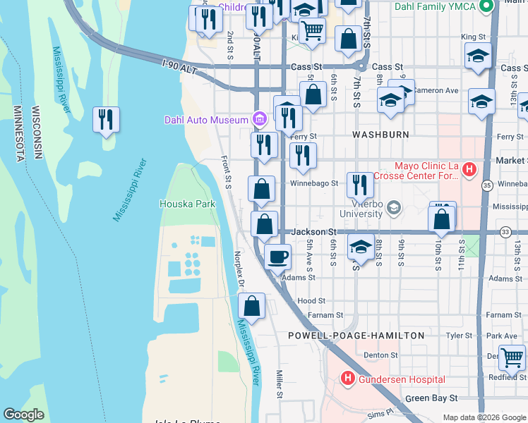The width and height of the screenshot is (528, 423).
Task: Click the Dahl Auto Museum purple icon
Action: click(259, 119)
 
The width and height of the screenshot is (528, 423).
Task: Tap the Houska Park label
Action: click(187, 204)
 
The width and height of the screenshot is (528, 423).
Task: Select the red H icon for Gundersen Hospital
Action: click(347, 379)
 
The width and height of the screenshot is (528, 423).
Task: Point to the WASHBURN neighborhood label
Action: click(381, 134)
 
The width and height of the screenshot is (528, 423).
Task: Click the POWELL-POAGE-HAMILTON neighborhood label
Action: click(356, 336)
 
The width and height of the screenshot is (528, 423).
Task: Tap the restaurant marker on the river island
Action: click(105, 120)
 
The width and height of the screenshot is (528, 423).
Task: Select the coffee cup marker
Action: click(278, 256)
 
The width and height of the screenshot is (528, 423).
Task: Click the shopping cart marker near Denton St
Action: click(512, 357)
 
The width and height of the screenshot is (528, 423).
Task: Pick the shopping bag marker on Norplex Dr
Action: click(251, 307)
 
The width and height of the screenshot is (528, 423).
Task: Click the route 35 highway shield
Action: click(488, 185)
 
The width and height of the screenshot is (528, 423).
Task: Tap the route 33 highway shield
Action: click(505, 231)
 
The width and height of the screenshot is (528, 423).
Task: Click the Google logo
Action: click(24, 414)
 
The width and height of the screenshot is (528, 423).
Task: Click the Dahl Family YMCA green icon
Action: click(486, 7)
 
